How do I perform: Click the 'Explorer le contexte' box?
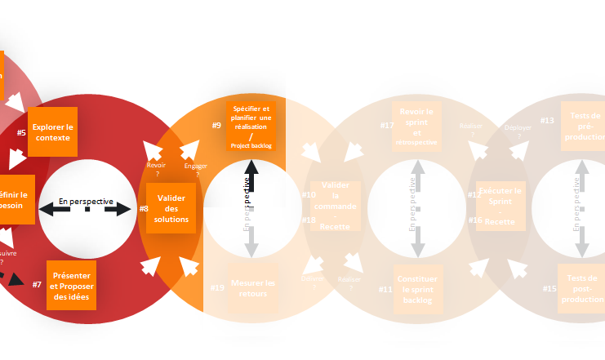point(53,131)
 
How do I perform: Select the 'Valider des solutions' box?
point(171,208)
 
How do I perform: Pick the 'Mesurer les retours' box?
point(252,288)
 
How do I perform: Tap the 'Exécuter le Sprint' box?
point(500,206)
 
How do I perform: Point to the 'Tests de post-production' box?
point(581,289)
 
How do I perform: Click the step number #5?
point(21,131)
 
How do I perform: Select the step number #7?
point(37,284)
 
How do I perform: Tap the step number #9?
point(216,125)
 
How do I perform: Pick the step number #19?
point(217,287)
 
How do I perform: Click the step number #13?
point(547,121)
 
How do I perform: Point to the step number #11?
point(385,289)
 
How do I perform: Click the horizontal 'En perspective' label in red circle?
point(86,201)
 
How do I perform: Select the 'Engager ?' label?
point(196,169)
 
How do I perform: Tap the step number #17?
point(387,125)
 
